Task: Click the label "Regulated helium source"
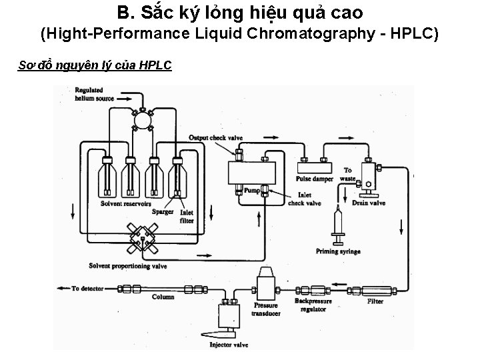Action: click(x=95, y=94)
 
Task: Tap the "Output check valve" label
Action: click(x=215, y=137)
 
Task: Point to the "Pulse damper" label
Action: click(x=315, y=179)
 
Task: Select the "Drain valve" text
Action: click(x=369, y=202)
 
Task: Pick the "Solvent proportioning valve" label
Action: click(x=127, y=266)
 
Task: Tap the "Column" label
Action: click(x=163, y=297)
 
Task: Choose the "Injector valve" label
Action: click(x=229, y=345)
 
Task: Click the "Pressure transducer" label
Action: click(x=265, y=309)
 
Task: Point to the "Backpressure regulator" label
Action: click(x=312, y=305)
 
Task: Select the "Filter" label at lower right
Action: click(x=375, y=301)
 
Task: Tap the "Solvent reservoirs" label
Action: click(x=125, y=203)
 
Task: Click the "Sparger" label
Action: click(x=162, y=213)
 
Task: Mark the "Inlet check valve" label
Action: click(x=305, y=200)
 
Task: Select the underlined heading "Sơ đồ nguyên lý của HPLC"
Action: click(x=95, y=65)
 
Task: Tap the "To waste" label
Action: click(x=347, y=175)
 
